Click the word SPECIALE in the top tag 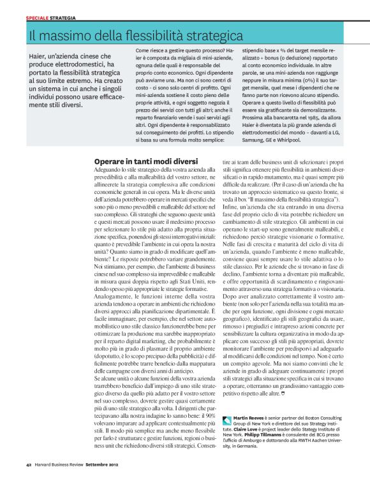(36, 18)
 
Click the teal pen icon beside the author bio (229, 418)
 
